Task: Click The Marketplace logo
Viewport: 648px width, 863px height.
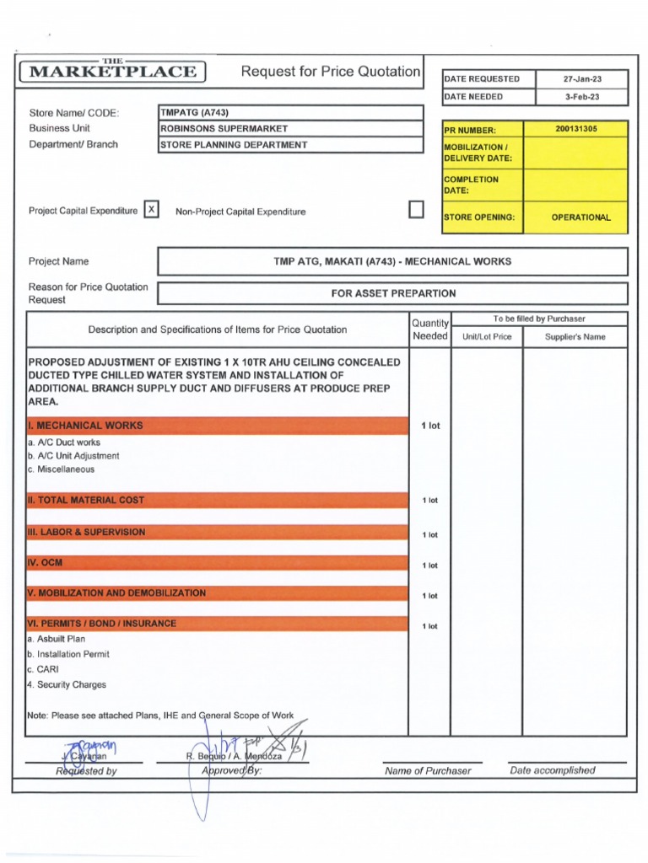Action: click(x=113, y=71)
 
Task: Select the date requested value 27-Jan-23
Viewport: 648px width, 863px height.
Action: click(x=583, y=79)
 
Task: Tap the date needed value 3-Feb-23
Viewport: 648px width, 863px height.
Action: click(x=583, y=97)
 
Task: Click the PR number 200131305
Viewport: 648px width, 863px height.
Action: click(x=575, y=130)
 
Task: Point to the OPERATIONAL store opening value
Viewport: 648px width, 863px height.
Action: click(x=580, y=217)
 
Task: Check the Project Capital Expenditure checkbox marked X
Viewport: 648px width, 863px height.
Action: click(x=151, y=210)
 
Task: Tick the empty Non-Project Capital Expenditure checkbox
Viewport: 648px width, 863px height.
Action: click(x=416, y=210)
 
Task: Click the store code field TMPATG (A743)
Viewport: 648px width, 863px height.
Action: click(x=195, y=112)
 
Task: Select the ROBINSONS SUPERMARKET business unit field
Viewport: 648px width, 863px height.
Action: click(x=224, y=129)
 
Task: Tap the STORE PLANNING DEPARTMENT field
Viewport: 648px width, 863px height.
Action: click(x=234, y=145)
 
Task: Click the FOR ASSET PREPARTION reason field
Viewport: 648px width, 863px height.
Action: click(x=393, y=293)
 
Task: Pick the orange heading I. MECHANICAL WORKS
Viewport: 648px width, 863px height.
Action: click(x=85, y=426)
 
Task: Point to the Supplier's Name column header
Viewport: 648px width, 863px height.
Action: click(x=575, y=337)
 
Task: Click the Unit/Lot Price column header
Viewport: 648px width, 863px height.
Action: click(x=487, y=337)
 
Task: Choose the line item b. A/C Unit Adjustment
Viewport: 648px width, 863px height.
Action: click(x=73, y=456)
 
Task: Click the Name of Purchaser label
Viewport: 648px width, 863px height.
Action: click(x=428, y=771)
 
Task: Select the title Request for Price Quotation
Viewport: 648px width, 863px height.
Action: click(x=331, y=72)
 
